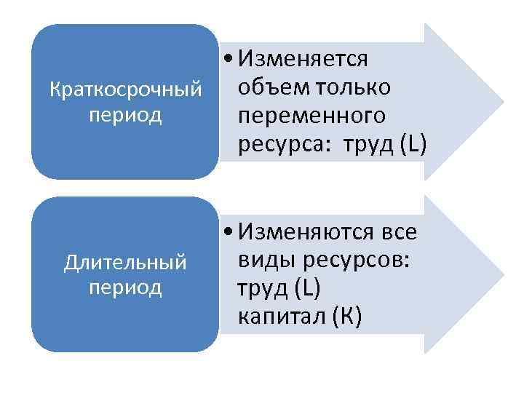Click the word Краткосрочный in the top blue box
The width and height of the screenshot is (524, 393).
tap(124, 90)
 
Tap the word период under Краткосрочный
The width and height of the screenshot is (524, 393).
tap(124, 116)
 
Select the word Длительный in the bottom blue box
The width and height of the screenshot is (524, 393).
tap(124, 261)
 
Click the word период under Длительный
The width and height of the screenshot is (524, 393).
tap(124, 287)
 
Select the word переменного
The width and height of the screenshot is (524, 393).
tap(311, 116)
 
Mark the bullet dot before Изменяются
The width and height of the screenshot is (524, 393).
tap(229, 233)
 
